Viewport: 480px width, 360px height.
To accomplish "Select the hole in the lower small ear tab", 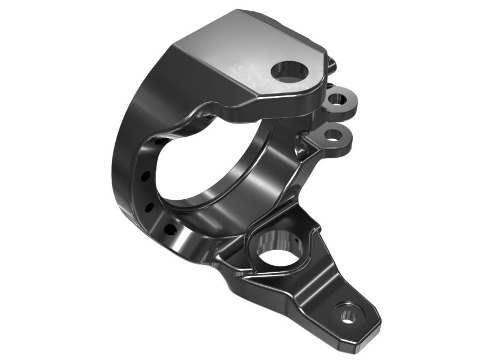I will (332, 134).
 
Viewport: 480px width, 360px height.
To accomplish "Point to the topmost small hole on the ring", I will (161, 141).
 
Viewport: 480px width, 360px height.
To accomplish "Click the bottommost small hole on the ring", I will (170, 229).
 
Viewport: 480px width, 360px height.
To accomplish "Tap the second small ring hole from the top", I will (145, 176).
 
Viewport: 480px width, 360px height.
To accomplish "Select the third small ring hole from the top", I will (149, 208).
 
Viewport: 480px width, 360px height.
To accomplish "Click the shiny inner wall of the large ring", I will (258, 180).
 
